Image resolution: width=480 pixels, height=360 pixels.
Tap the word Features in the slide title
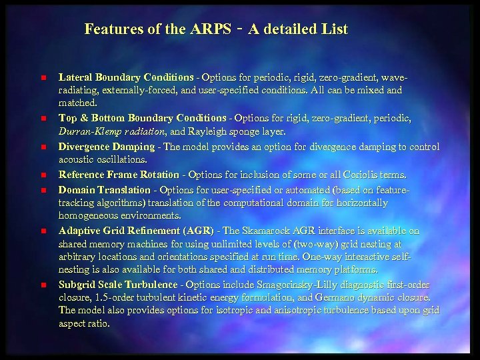point(111,29)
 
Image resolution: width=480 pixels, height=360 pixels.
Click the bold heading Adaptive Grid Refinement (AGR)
point(136,231)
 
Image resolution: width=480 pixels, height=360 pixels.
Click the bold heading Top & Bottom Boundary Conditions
point(142,118)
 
